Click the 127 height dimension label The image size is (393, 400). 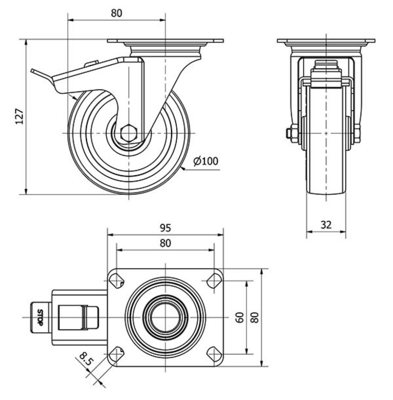point(20,116)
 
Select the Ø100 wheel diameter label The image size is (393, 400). point(206,161)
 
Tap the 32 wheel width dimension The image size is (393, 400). point(326,225)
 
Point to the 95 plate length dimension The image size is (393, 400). point(165,228)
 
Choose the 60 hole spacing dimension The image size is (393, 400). point(240,317)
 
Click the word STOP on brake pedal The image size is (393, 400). point(40,317)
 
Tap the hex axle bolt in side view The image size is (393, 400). point(129,133)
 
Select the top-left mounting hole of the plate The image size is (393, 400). point(116,281)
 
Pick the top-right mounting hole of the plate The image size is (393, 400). point(214,281)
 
